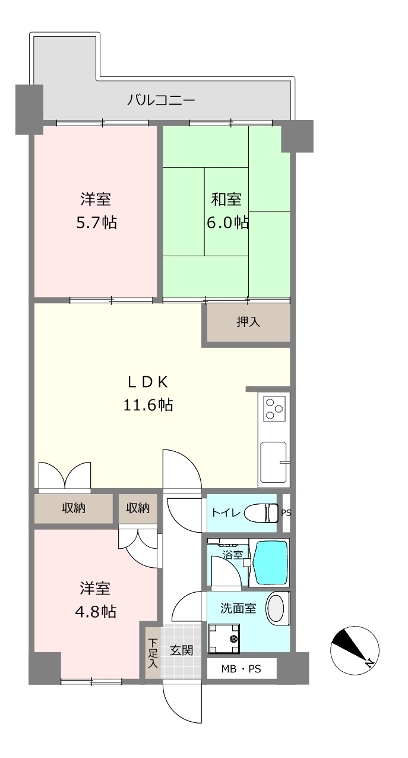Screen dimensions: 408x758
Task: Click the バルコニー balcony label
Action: click(x=161, y=100)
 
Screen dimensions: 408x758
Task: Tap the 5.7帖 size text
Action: click(x=96, y=223)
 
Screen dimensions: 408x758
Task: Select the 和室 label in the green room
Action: click(x=226, y=199)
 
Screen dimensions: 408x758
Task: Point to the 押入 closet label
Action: click(x=248, y=322)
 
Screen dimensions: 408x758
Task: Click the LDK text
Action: click(x=148, y=382)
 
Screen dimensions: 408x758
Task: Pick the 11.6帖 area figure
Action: click(x=148, y=405)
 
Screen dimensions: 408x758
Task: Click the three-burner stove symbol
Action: click(x=274, y=409)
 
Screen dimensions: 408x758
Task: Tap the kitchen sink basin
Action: click(x=273, y=462)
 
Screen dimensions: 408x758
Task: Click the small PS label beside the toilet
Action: click(x=286, y=512)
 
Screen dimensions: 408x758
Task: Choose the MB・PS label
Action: click(x=241, y=669)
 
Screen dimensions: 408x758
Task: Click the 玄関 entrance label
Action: click(x=182, y=650)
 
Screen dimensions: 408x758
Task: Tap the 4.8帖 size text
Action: click(x=96, y=612)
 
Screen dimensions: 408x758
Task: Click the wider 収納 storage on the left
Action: click(x=74, y=508)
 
